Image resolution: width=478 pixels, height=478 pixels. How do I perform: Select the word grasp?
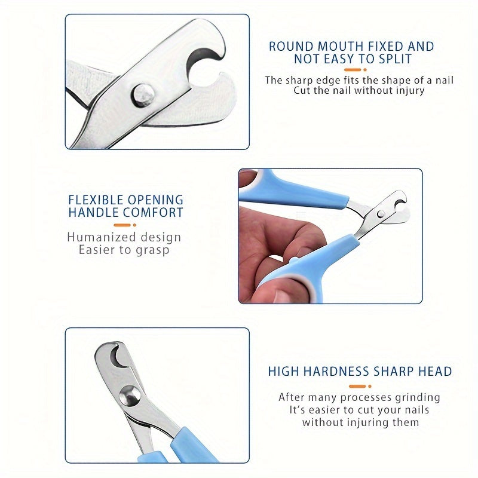point(152,250)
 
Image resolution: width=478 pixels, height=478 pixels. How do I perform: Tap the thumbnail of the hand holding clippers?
point(330,235)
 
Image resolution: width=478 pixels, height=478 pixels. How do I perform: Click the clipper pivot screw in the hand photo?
point(380,213)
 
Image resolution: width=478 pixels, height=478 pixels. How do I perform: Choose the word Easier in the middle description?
point(100,250)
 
